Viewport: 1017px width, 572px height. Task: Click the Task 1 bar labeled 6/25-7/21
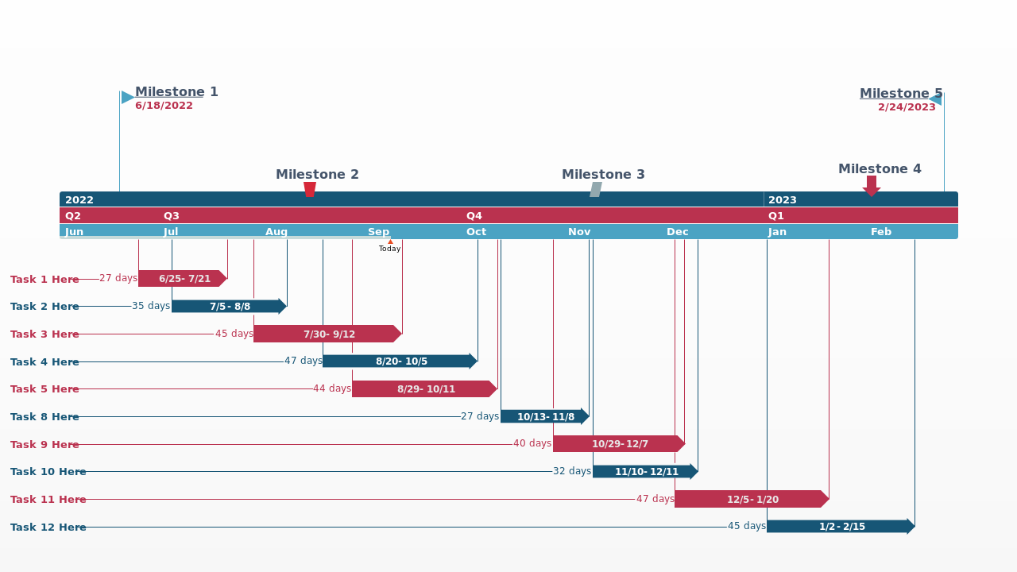pyautogui.click(x=183, y=279)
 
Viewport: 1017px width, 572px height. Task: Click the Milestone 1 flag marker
pyautogui.click(x=127, y=98)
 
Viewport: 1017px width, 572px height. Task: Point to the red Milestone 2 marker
pyautogui.click(x=310, y=189)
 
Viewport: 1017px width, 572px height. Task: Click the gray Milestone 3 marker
pyautogui.click(x=596, y=189)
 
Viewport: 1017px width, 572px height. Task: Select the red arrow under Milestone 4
pyautogui.click(x=872, y=186)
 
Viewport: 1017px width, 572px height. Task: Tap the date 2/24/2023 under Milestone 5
pyautogui.click(x=907, y=107)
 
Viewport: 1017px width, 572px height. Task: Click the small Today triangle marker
pyautogui.click(x=390, y=242)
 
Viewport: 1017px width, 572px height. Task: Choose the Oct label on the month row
pyautogui.click(x=476, y=232)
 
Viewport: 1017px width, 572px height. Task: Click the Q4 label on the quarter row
pyautogui.click(x=474, y=216)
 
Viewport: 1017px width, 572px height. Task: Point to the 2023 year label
pyautogui.click(x=782, y=200)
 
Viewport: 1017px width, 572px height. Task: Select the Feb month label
pyautogui.click(x=880, y=232)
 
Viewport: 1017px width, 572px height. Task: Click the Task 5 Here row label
pyautogui.click(x=44, y=389)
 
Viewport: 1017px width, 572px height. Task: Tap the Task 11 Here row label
pyautogui.click(x=48, y=500)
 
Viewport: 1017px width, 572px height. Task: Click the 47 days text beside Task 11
pyautogui.click(x=655, y=499)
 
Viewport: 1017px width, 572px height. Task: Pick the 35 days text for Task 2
pyautogui.click(x=151, y=306)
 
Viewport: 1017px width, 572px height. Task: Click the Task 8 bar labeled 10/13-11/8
pyautogui.click(x=544, y=417)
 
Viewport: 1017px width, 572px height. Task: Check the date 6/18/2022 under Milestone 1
pyautogui.click(x=164, y=106)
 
